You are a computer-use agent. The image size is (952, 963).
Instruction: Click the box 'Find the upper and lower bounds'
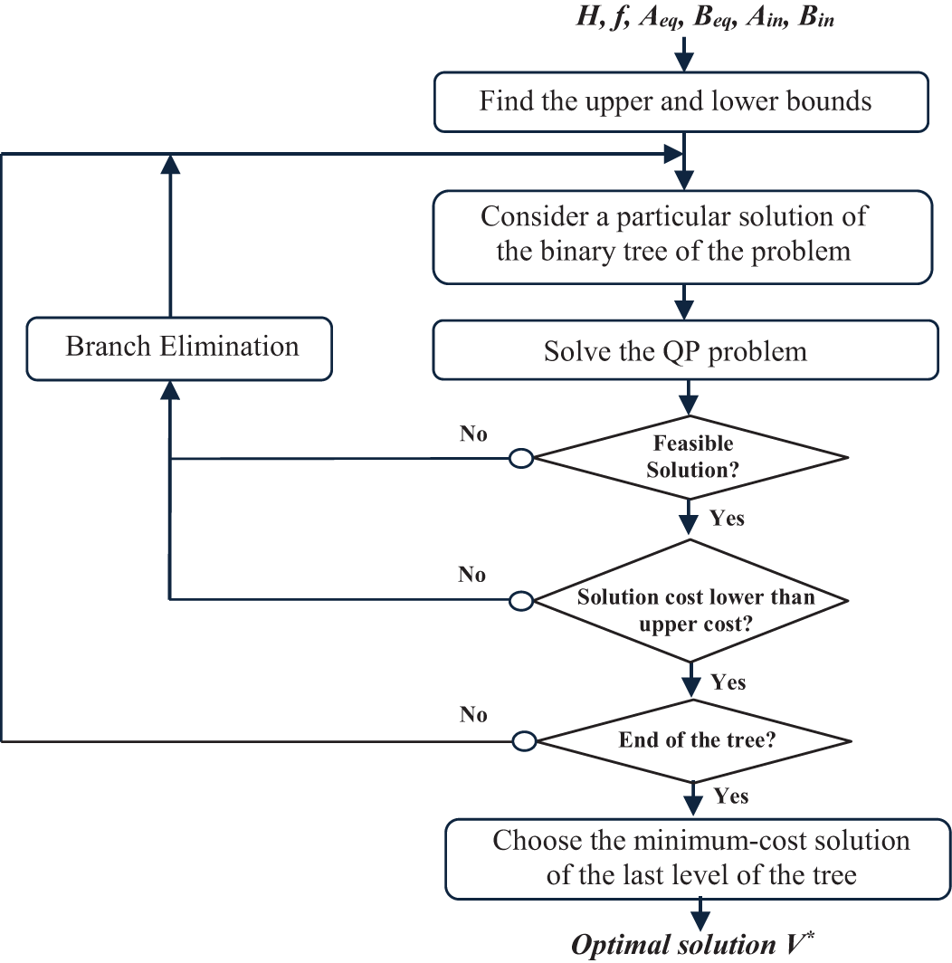coord(681,102)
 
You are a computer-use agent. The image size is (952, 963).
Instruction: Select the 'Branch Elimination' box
coord(179,348)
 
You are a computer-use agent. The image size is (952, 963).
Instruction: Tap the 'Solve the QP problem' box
coord(685,350)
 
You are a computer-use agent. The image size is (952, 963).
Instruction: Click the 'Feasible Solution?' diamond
coord(691,458)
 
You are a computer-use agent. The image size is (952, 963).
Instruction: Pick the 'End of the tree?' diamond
coord(694,740)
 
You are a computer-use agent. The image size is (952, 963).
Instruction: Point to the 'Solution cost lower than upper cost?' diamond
coord(691,601)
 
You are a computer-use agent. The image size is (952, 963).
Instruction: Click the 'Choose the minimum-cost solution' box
coord(699,859)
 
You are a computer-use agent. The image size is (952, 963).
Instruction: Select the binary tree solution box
coord(683,237)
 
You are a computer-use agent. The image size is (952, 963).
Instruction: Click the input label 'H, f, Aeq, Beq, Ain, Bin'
coord(705,17)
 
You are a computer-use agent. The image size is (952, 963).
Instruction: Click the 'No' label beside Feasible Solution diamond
coord(473,434)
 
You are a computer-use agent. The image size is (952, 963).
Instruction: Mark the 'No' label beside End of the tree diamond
coord(473,714)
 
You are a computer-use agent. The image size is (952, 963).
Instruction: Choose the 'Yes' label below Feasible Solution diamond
coord(728,519)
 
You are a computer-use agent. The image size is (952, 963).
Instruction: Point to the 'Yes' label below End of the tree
coord(731,796)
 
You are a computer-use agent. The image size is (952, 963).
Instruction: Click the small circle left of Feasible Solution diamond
coord(521,458)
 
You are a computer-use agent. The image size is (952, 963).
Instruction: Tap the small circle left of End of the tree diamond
coord(525,741)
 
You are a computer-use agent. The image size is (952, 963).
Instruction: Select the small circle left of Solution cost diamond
coord(521,601)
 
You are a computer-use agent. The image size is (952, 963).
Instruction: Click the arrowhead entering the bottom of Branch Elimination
coord(170,389)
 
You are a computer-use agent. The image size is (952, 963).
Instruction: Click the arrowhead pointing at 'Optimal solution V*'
coord(700,920)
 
